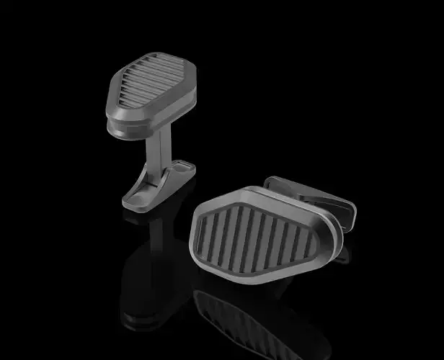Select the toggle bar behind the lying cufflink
tap(310, 194)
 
